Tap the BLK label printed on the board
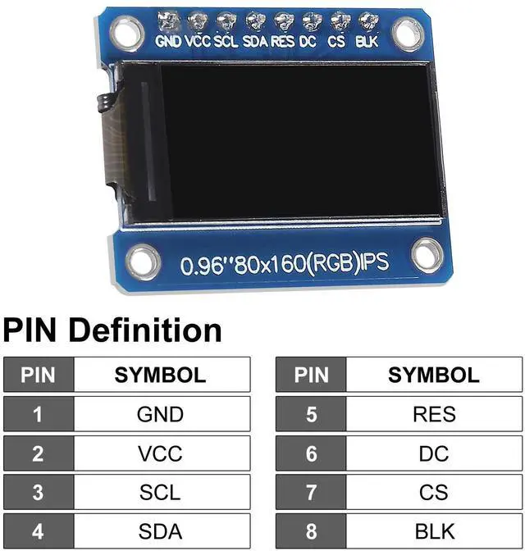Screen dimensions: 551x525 (x=367, y=40)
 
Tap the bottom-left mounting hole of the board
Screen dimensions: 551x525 (x=144, y=259)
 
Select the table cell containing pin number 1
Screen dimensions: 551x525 (x=38, y=414)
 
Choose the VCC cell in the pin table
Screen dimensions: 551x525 (x=160, y=453)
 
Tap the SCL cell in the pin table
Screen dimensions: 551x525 (x=160, y=493)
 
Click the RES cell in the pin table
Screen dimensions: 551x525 (x=434, y=414)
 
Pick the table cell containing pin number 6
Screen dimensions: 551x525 (x=311, y=453)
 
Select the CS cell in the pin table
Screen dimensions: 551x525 (x=434, y=493)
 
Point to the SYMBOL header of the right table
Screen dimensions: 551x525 (x=434, y=375)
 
